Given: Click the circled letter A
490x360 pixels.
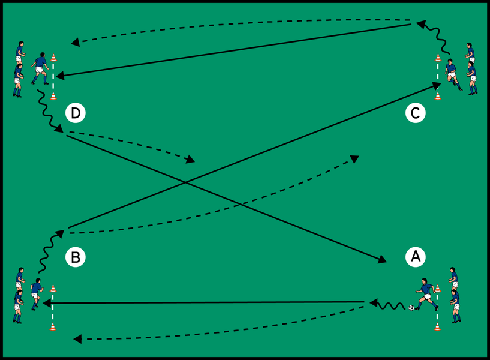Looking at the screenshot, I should [415, 257].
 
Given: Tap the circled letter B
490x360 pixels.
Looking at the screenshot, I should [75, 257].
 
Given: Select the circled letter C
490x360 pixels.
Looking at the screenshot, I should [415, 112].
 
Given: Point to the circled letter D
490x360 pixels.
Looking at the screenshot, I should [75, 112].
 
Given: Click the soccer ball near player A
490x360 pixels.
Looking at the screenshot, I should [411, 308].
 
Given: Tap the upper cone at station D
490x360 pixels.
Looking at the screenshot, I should [53, 58].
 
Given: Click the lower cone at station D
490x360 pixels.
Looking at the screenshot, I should [53, 95].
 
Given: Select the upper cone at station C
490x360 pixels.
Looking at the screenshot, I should [438, 58].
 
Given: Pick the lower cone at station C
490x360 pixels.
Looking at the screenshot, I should [438, 95].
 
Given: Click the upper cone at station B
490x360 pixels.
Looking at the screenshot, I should [53, 289].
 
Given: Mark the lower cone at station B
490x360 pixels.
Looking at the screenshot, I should [53, 326].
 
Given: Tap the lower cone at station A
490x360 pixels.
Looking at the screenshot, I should [437, 326].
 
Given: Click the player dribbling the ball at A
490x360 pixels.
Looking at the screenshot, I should [426, 294].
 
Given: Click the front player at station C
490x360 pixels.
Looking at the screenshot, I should [452, 74].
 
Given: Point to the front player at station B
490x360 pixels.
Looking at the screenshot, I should [36, 293].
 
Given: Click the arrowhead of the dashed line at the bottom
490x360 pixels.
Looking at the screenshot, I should [77, 340].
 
